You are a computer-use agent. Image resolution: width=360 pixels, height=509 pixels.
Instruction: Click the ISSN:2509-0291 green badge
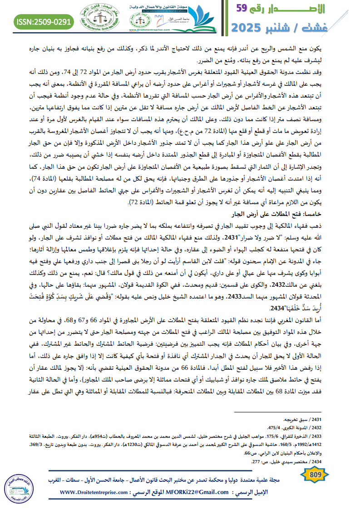44,21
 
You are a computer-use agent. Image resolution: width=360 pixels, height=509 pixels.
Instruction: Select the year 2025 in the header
252,28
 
